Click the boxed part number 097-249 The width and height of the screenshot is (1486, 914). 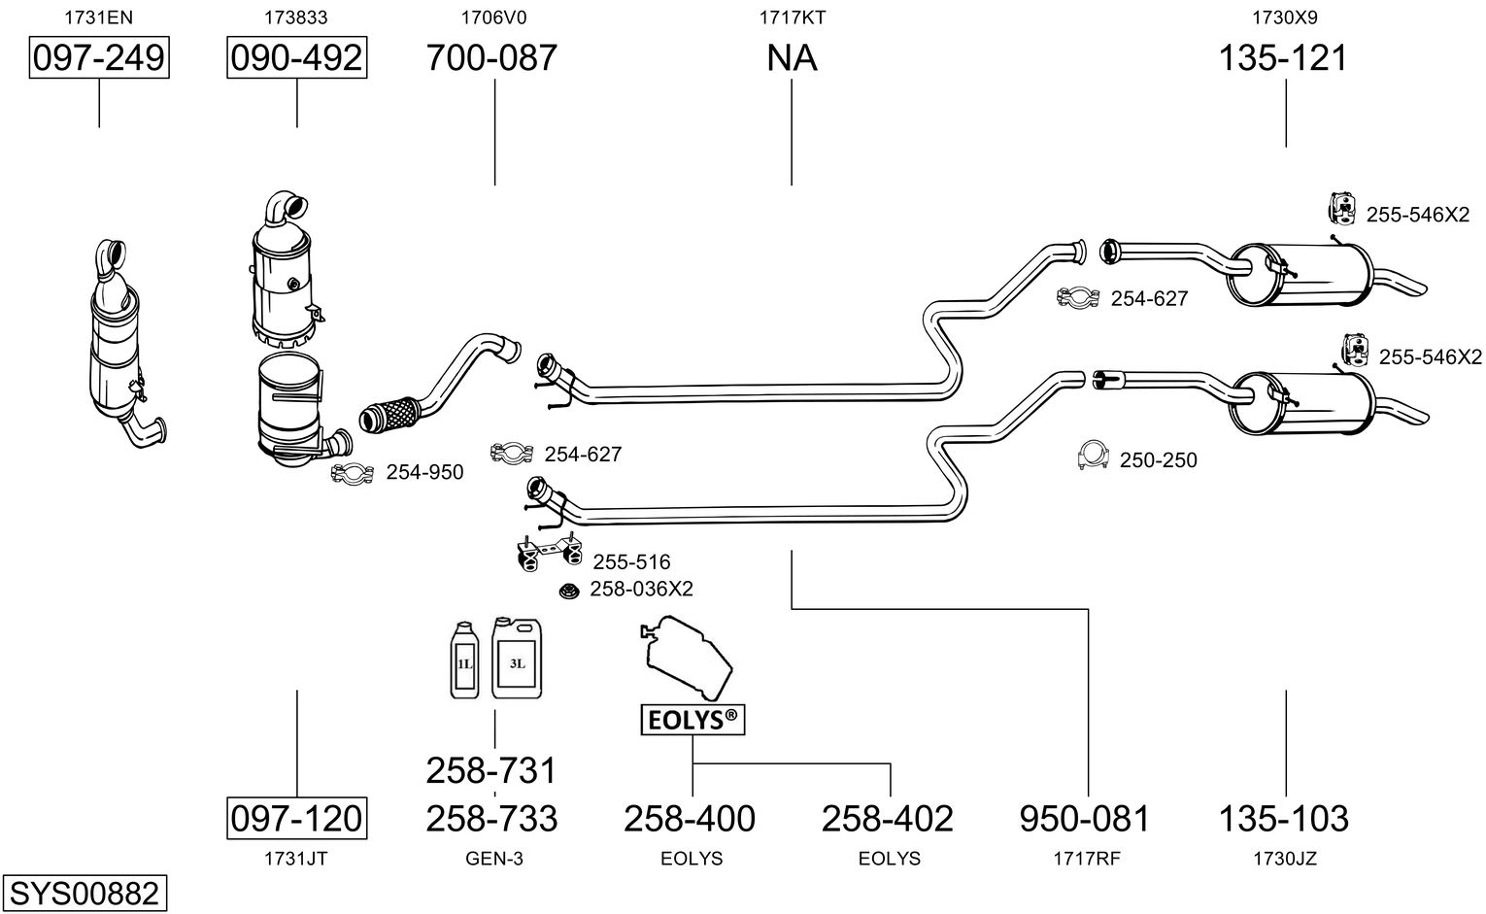(x=99, y=58)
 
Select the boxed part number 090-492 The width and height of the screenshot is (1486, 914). (x=297, y=58)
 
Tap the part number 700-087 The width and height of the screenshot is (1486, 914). (x=492, y=58)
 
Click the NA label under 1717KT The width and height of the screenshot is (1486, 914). (x=792, y=58)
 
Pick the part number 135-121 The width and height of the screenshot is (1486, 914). (x=1284, y=58)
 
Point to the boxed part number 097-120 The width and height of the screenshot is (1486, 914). (x=297, y=818)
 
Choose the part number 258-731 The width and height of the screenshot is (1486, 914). (x=491, y=770)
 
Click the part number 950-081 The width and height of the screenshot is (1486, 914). (x=1085, y=818)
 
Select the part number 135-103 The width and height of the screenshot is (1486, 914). (x=1284, y=818)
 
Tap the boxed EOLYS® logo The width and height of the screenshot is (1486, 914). (x=692, y=720)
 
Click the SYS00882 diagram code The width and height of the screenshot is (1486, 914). (x=84, y=893)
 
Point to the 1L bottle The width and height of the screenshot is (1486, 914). (x=465, y=660)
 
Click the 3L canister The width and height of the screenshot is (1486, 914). (x=517, y=658)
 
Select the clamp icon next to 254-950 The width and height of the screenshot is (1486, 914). (x=353, y=473)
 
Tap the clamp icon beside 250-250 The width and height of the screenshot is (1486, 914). (x=1094, y=456)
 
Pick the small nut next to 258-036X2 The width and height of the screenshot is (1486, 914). (x=570, y=590)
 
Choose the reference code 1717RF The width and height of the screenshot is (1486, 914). (x=1088, y=859)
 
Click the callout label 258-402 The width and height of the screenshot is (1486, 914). (x=888, y=818)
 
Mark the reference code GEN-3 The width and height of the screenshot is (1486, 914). (x=494, y=859)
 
